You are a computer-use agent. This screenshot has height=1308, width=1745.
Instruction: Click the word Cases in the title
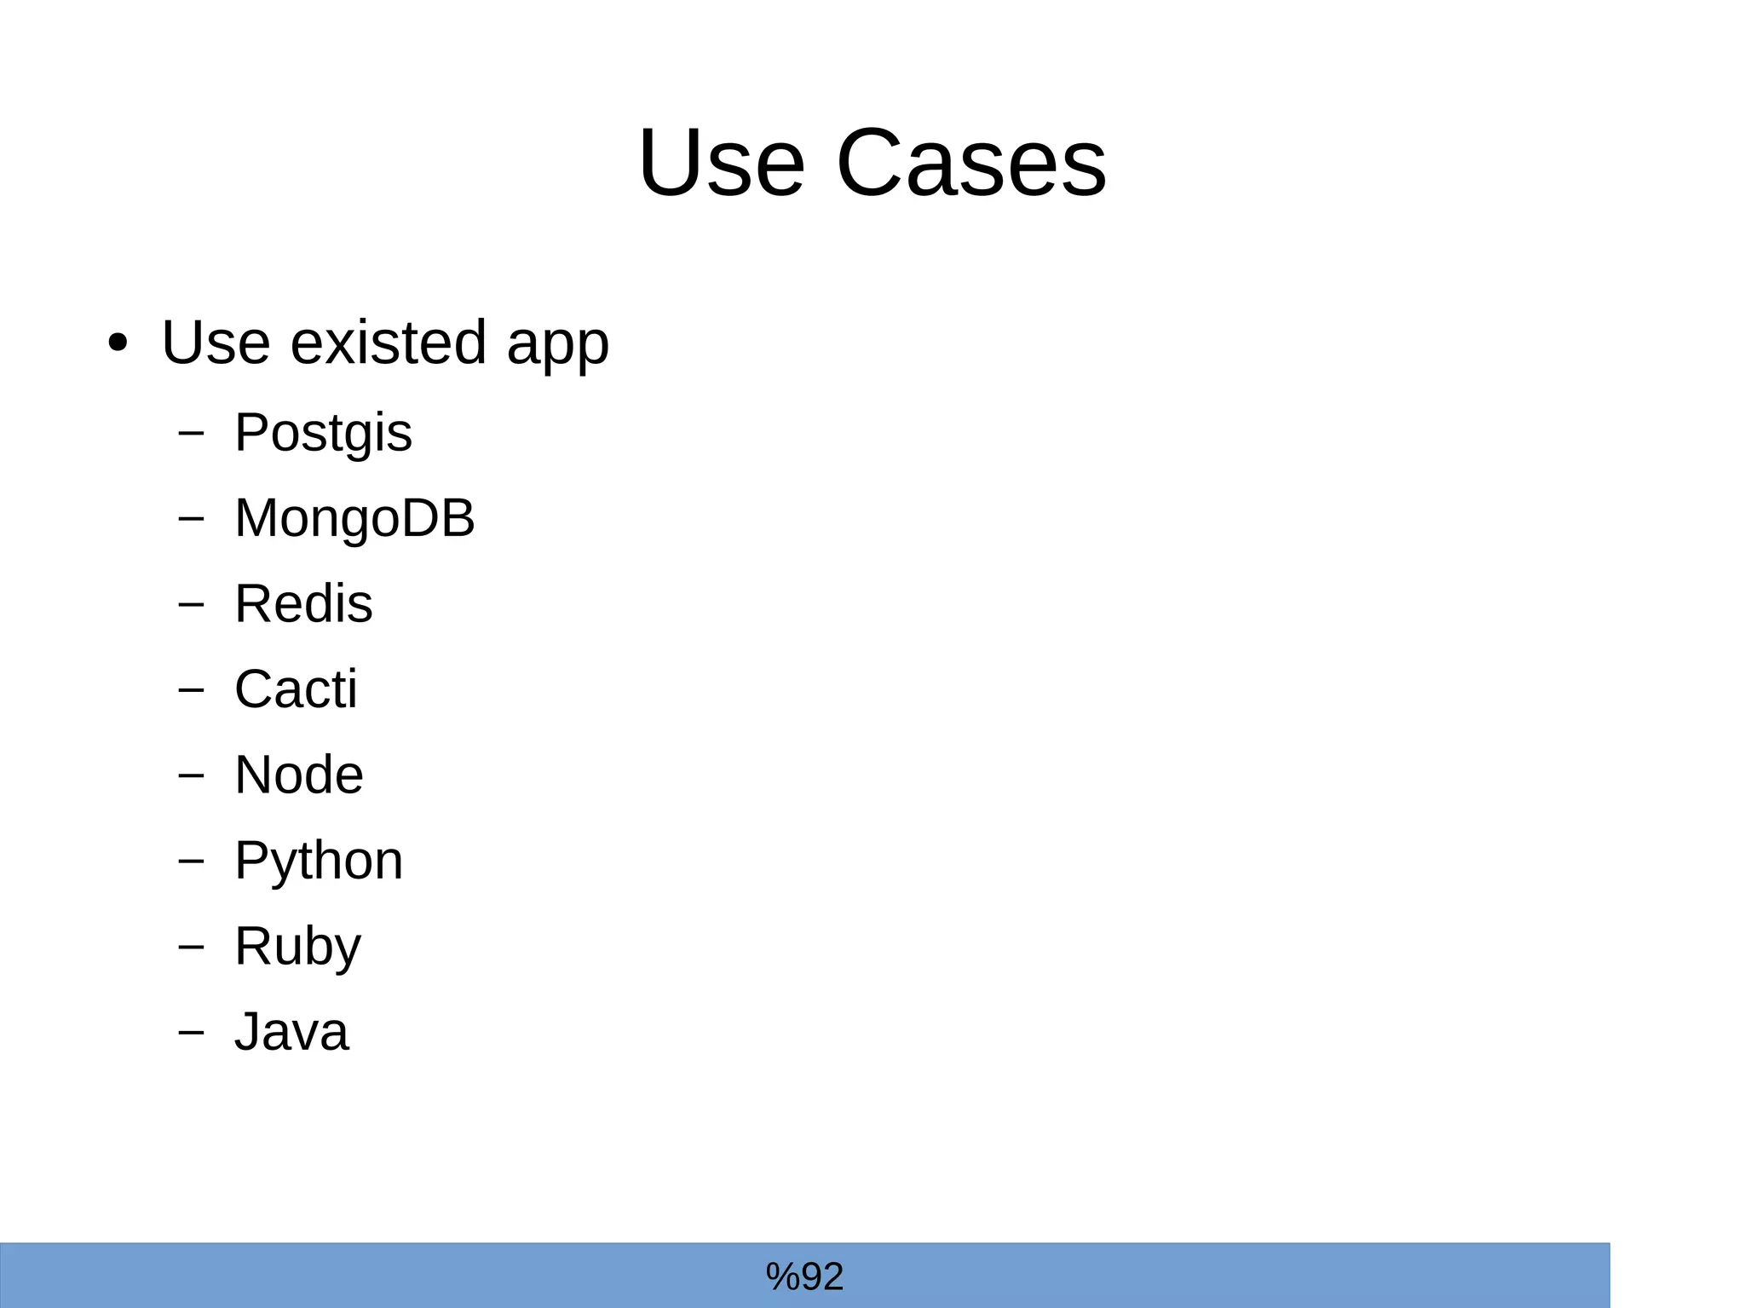[x=970, y=163]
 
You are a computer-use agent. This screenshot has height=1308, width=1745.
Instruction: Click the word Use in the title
[x=721, y=163]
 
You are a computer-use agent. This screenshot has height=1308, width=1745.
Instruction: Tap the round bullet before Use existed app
[x=118, y=343]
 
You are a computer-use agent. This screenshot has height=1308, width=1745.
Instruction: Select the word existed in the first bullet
[x=389, y=343]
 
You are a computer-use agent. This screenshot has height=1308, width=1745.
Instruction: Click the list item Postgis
[x=323, y=433]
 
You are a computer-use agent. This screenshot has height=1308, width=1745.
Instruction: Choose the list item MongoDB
[x=354, y=518]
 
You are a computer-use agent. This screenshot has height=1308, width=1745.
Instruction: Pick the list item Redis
[x=303, y=604]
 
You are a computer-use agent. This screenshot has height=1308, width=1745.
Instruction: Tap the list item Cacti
[x=296, y=689]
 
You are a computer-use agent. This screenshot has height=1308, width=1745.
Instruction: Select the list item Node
[x=299, y=775]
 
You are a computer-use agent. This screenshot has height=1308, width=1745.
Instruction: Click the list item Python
[x=319, y=861]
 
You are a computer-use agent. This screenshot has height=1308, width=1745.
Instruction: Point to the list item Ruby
[x=298, y=946]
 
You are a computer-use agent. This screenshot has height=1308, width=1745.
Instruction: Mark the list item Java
[x=291, y=1032]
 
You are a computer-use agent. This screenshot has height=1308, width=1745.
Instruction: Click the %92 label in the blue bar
[x=804, y=1276]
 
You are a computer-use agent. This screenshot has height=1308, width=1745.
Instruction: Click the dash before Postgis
[x=192, y=433]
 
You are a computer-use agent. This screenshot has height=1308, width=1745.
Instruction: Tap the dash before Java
[x=192, y=1032]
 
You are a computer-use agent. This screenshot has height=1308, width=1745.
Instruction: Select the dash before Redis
[x=192, y=604]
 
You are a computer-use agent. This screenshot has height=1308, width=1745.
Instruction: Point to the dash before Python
[x=192, y=861]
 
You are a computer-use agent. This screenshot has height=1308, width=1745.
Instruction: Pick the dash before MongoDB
[x=192, y=518]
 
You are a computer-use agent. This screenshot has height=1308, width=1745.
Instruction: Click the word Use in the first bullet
[x=216, y=343]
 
